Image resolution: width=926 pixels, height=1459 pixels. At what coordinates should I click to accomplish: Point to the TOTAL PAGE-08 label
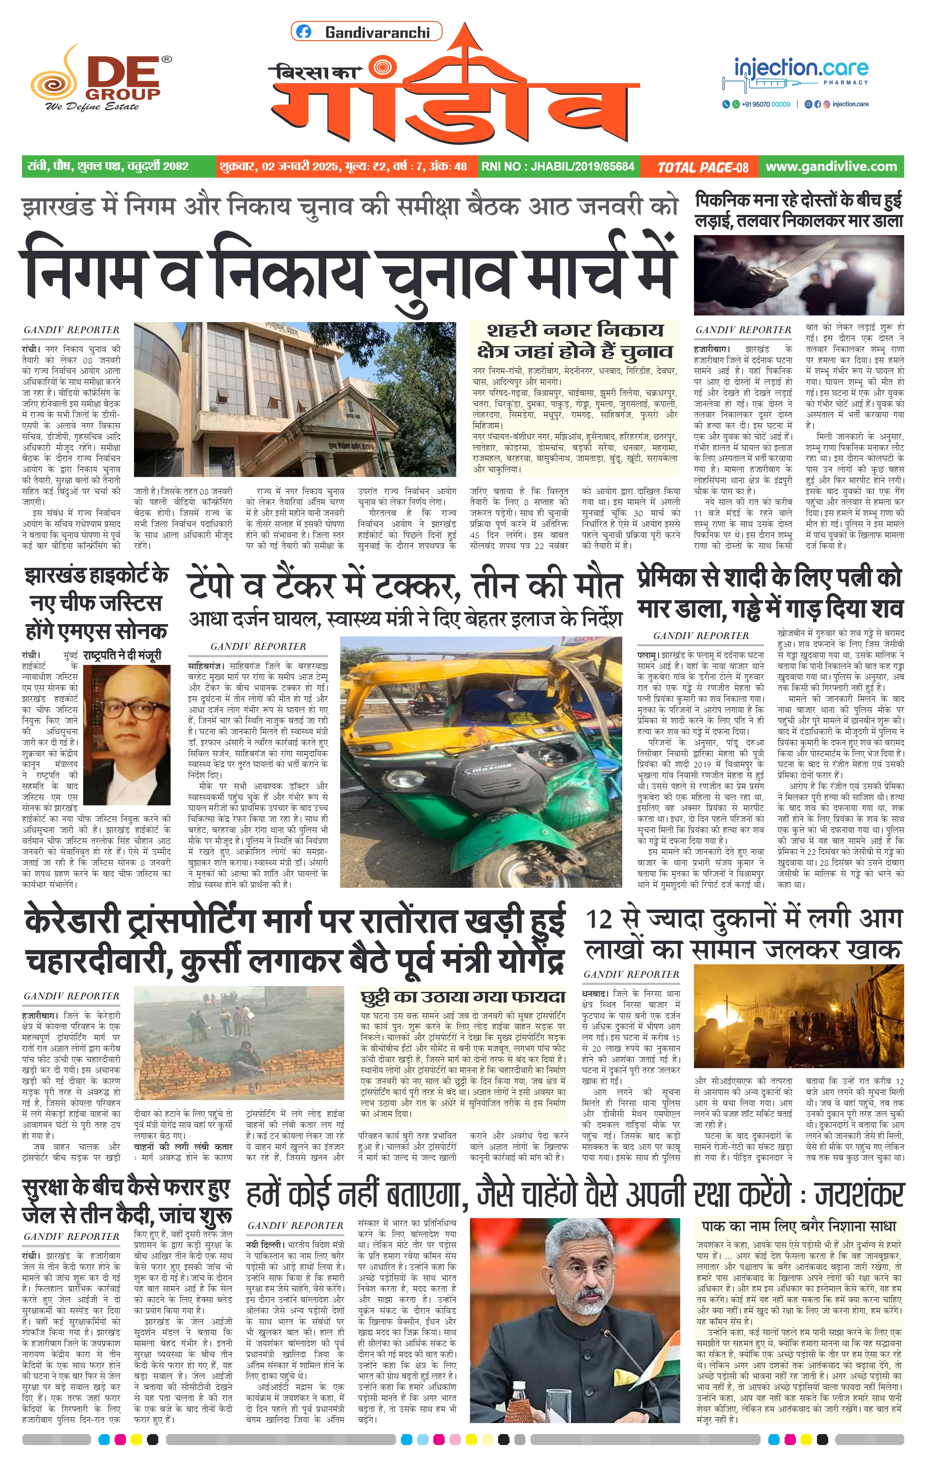coord(703,167)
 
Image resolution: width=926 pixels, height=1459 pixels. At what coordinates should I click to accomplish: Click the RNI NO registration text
coord(557,166)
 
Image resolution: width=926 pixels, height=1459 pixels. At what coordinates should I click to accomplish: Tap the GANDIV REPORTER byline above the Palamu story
coord(701,635)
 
